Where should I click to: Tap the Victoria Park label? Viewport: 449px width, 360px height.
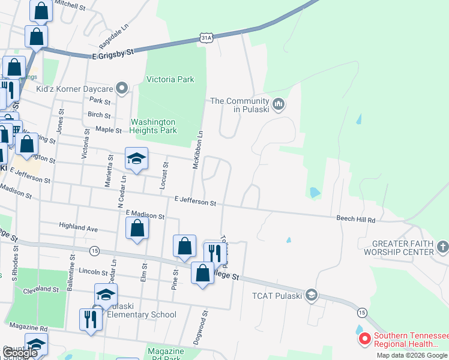coord(170,79)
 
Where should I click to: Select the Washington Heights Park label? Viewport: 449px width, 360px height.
coord(154,125)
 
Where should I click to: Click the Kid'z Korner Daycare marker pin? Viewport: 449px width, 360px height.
coord(122,89)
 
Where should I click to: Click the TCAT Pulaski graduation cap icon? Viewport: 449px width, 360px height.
coord(311,295)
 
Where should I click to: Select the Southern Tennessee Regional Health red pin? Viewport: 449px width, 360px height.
coord(364,339)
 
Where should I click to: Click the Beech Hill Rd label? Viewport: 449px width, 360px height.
coord(355,220)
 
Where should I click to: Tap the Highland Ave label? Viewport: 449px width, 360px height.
coord(78,227)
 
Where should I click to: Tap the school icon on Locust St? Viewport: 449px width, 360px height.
coord(136,159)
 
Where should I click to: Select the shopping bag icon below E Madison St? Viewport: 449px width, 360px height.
coord(137,229)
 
